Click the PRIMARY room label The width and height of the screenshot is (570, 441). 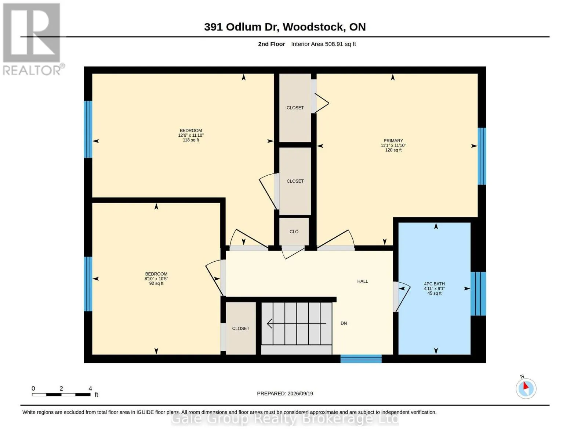393,140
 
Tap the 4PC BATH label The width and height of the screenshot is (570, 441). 435,284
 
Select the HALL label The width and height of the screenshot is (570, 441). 363,281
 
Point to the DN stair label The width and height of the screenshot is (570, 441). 344,323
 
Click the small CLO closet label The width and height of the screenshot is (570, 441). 294,232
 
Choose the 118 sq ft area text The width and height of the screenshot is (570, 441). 191,140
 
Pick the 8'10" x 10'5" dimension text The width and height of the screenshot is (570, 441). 156,279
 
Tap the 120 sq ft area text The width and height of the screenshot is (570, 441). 393,150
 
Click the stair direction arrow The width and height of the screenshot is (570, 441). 297,324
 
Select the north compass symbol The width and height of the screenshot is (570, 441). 526,388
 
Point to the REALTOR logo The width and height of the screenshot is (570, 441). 33,39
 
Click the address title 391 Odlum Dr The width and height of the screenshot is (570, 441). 241,27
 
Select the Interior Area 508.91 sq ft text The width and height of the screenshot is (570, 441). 323,44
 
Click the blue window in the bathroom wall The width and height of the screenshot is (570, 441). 478,294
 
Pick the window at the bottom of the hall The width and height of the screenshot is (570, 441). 361,359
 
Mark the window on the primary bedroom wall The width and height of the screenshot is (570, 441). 482,156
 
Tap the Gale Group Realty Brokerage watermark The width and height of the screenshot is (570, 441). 285,419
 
